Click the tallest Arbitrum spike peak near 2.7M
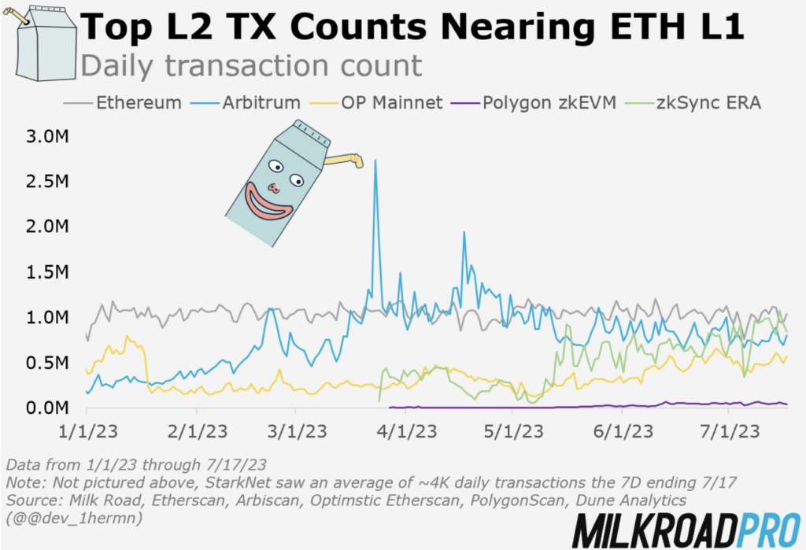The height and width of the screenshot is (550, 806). pos(375,161)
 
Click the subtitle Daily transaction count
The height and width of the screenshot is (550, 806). pos(252,65)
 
